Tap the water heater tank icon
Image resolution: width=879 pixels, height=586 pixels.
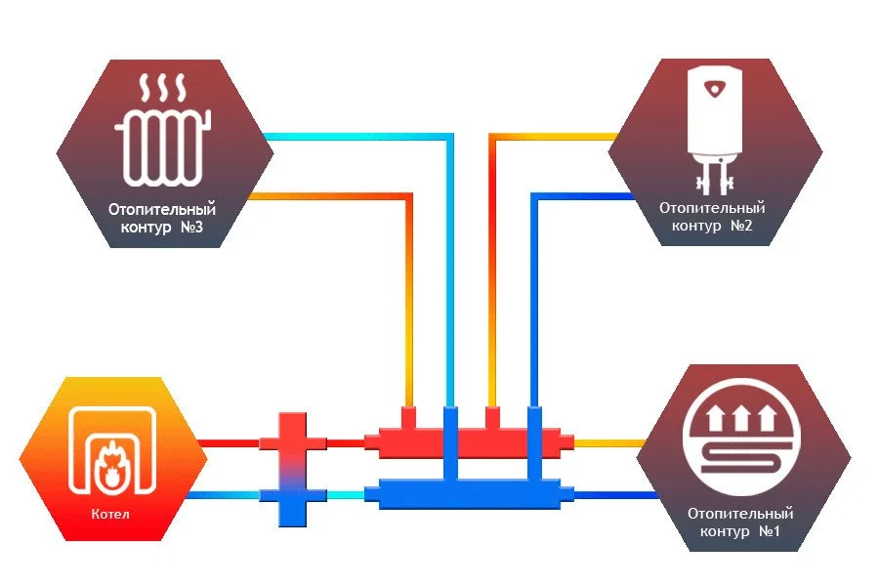tap(715, 117)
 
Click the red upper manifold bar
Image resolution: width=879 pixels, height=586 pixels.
tap(469, 442)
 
